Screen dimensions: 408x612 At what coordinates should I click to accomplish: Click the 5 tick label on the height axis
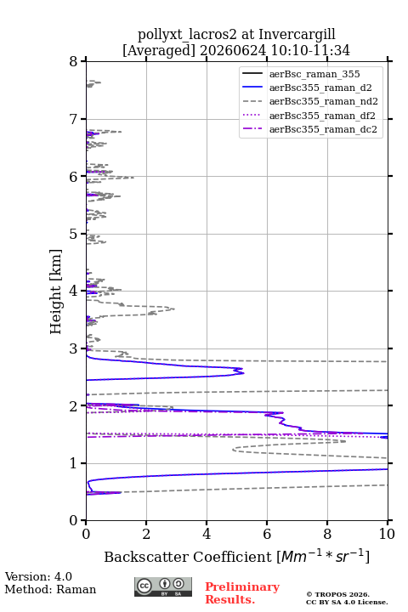(74, 235)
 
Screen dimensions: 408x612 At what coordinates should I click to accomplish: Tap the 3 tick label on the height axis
(74, 348)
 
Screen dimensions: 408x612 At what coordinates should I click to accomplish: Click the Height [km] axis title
(56, 292)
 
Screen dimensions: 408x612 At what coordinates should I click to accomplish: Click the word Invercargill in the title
(297, 35)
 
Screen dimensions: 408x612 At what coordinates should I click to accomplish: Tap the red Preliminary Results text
(242, 593)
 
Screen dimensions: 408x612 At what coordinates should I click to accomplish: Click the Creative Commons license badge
(163, 587)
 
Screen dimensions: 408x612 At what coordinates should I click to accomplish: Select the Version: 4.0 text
(38, 576)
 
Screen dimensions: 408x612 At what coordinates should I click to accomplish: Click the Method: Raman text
(50, 589)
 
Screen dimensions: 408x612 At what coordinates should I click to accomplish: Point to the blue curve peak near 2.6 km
(243, 373)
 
